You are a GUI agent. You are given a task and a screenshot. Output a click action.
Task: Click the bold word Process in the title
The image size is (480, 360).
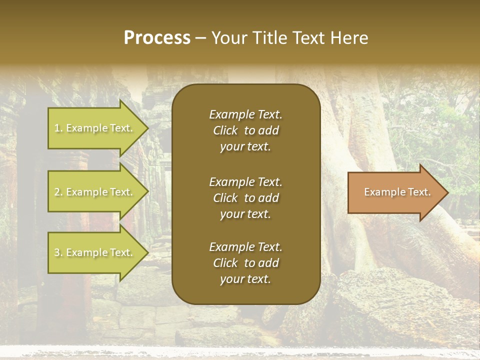tap(157, 38)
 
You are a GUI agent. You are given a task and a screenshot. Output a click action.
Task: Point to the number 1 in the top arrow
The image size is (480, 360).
tap(56, 128)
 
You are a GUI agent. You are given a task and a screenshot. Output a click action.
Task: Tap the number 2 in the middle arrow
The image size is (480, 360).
tap(57, 192)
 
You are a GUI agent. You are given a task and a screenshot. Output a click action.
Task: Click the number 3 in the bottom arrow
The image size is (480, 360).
tap(57, 252)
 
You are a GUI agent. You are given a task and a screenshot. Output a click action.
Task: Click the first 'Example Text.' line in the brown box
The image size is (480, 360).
tap(245, 114)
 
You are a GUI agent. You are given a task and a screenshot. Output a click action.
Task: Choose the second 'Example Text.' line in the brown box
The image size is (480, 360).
tap(245, 181)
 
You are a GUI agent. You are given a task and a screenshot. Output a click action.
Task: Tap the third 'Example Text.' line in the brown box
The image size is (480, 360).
tap(245, 247)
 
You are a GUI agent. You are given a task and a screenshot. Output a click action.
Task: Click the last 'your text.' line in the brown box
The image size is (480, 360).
tap(245, 279)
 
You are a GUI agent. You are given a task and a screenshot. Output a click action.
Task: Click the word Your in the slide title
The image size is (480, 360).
tap(229, 38)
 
